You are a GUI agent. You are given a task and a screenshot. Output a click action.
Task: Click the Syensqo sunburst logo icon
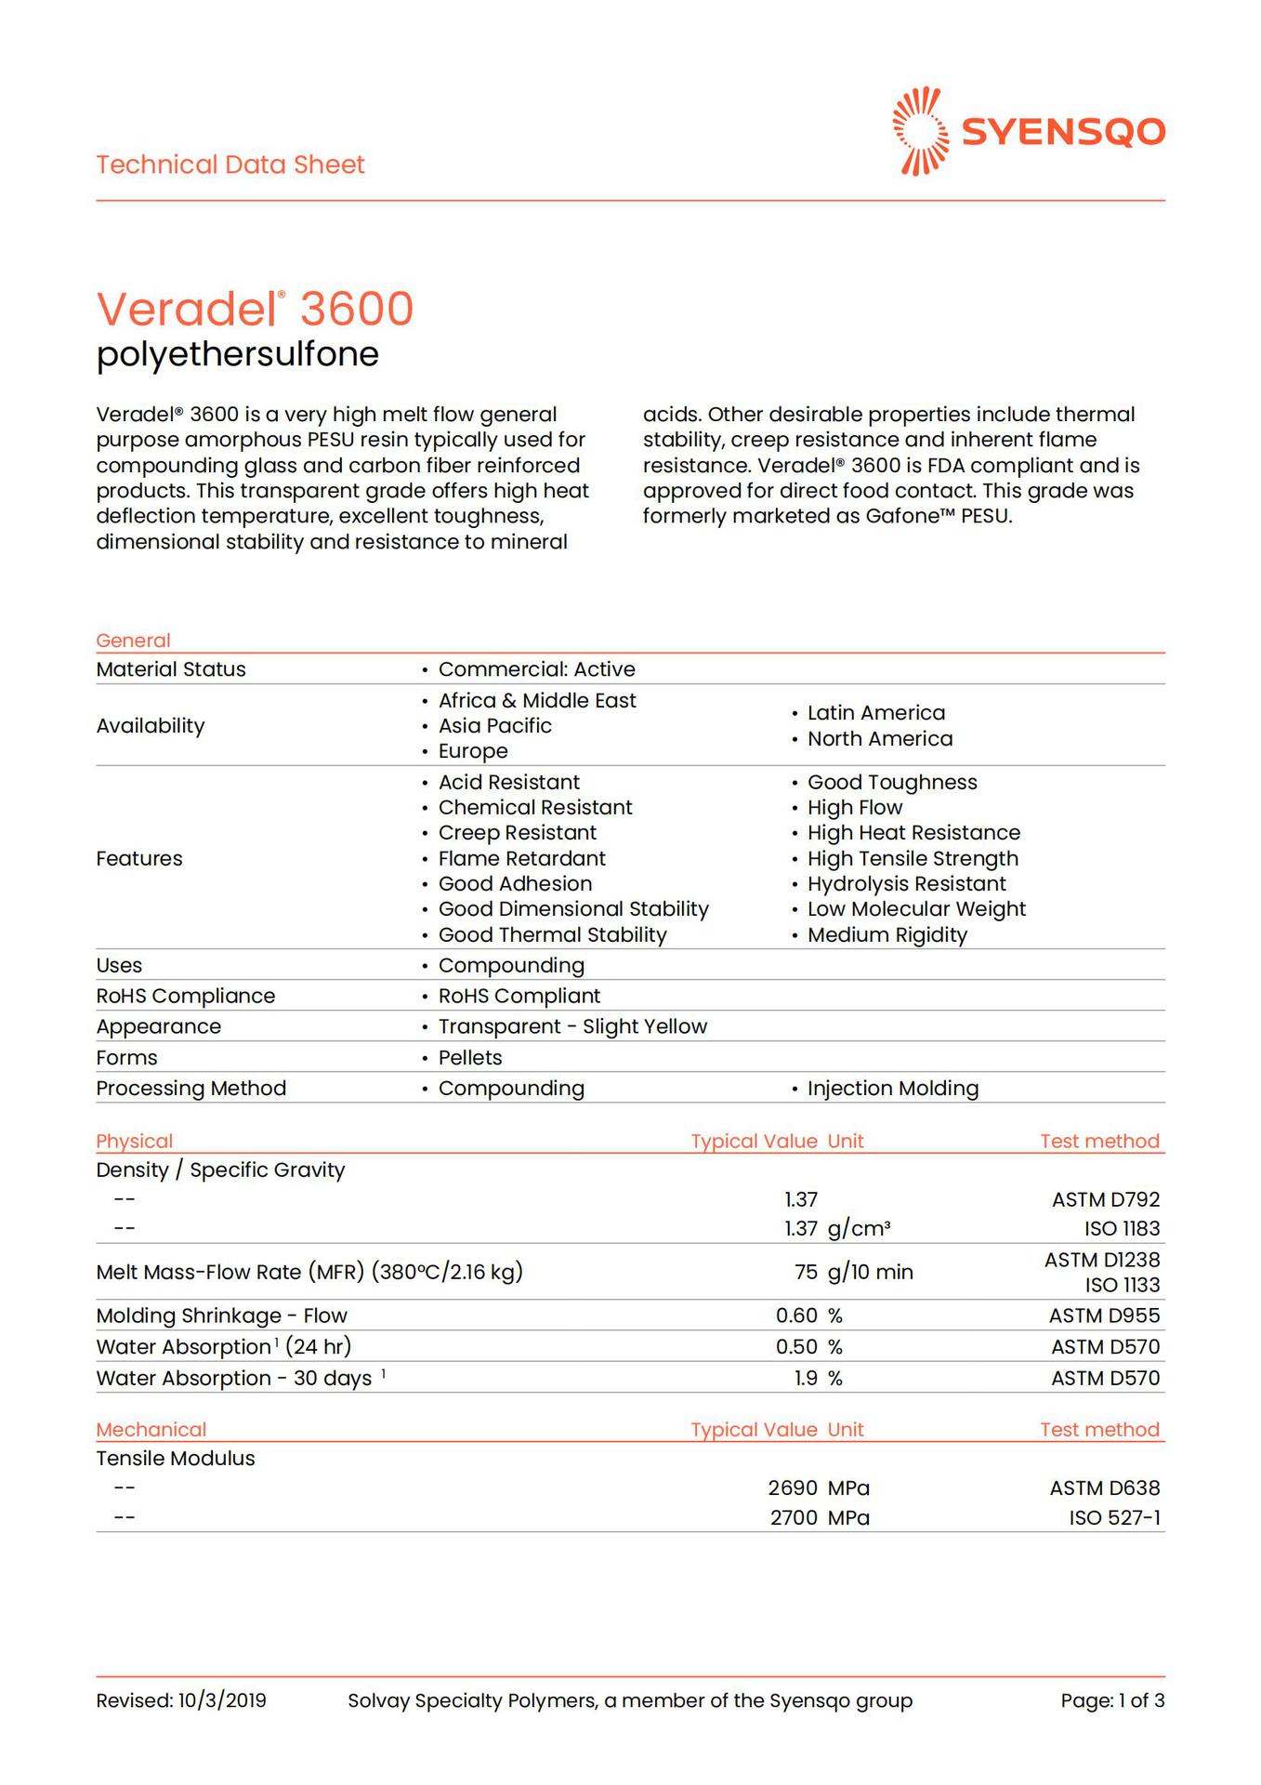920,131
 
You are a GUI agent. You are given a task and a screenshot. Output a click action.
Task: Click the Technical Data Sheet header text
230,165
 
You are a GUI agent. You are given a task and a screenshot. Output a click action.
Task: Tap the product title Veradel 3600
255,309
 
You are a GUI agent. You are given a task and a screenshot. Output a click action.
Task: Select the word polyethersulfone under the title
238,354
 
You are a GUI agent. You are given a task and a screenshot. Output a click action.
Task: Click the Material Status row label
171,669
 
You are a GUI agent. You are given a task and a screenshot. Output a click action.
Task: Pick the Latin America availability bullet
875,713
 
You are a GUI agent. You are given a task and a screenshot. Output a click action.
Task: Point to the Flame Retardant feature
521,858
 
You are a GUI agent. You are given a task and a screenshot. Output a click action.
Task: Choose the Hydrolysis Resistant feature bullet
906,883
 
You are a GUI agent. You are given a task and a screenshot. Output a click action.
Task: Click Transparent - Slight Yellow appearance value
572,1026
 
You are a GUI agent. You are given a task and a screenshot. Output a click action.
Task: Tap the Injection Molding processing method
892,1088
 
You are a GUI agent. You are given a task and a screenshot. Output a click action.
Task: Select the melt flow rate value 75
806,1272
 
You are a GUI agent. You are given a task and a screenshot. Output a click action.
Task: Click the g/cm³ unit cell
859,1228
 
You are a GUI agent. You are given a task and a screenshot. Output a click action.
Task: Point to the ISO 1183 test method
1122,1228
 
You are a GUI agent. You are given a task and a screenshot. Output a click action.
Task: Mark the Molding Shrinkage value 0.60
796,1316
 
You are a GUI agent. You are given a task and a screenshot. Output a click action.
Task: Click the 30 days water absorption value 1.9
806,1378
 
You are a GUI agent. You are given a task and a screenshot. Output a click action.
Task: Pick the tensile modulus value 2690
793,1487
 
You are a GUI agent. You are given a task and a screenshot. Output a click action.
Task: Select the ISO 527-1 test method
1114,1517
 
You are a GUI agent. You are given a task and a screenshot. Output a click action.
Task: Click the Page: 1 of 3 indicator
1112,1700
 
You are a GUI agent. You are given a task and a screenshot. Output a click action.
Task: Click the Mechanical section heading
151,1429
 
